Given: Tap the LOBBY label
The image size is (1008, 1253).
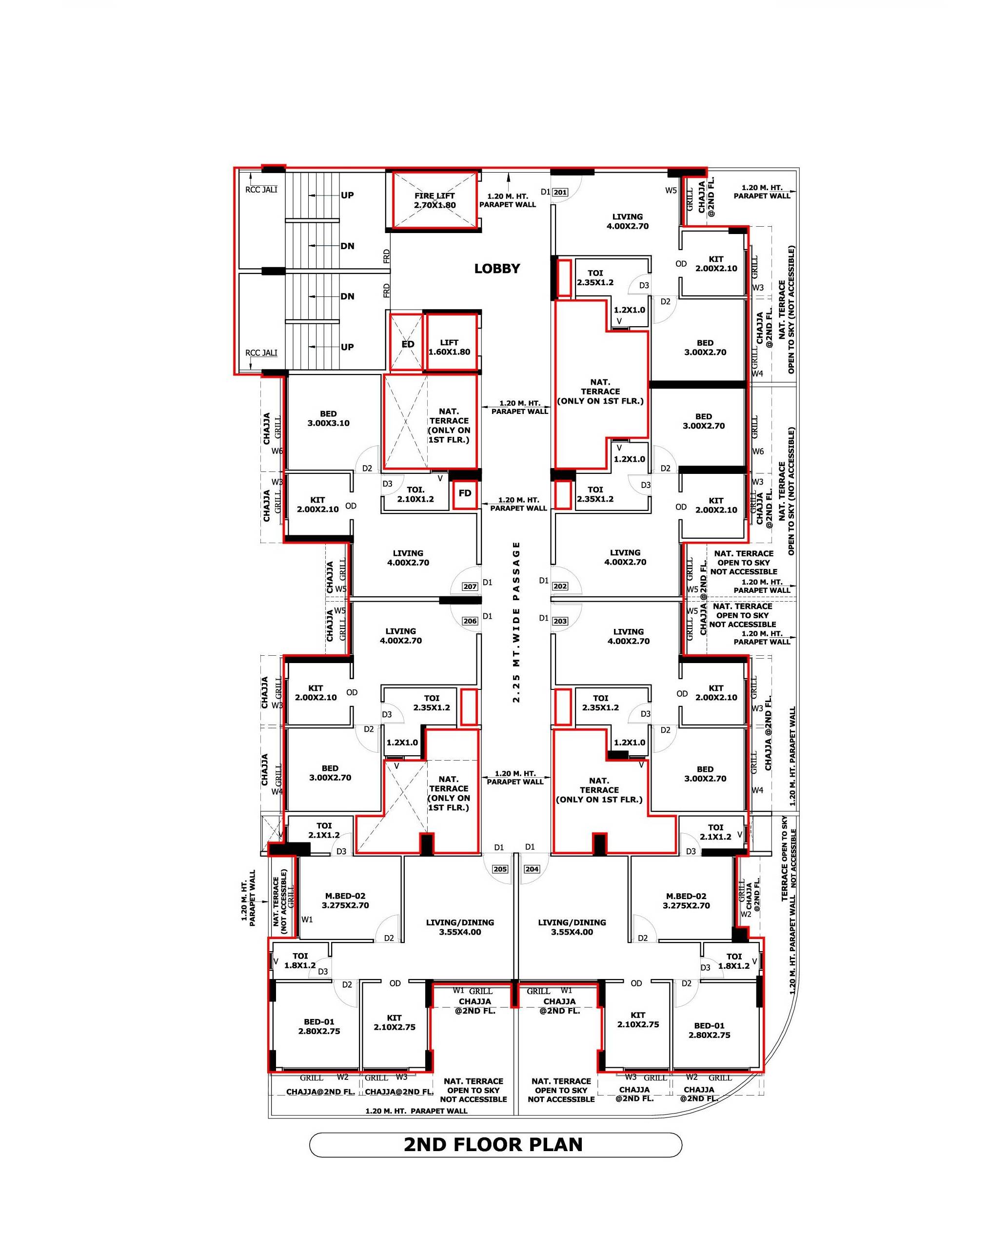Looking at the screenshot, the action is pos(497,269).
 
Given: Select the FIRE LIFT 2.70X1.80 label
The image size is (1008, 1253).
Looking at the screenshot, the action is pos(435,200).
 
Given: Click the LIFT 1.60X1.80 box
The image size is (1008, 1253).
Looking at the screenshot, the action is pos(452,342).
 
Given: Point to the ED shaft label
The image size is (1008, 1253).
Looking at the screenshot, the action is pos(408,344).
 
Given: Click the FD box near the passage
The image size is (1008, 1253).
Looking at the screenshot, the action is pos(465,494).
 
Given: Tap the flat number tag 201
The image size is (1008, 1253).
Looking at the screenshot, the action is pos(560,193).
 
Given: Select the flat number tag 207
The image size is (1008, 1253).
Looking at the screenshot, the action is pos(470,587).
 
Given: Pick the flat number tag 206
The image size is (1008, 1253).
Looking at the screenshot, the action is pos(470,621).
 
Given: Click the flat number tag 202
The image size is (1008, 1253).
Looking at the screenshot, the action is pos(560,587).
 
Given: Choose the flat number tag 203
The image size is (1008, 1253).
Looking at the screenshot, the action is pos(560,621).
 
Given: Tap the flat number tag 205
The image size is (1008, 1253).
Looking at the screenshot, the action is pos(500,869).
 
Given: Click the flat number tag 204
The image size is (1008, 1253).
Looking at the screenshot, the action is pos(532,869).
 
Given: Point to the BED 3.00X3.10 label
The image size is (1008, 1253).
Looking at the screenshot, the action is pos(329,418).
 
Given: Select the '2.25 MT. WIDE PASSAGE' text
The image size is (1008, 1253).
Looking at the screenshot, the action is pos(516,623).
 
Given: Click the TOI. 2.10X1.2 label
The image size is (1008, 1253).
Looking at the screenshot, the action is pos(415,494).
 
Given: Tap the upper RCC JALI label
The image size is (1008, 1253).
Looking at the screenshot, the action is pos(261,190).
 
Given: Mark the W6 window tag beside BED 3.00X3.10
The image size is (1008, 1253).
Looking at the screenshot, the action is pos(277,451).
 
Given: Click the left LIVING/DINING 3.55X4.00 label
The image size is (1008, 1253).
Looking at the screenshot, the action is pos(460,927).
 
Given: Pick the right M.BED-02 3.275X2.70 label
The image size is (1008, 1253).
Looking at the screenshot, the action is pos(687,901).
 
